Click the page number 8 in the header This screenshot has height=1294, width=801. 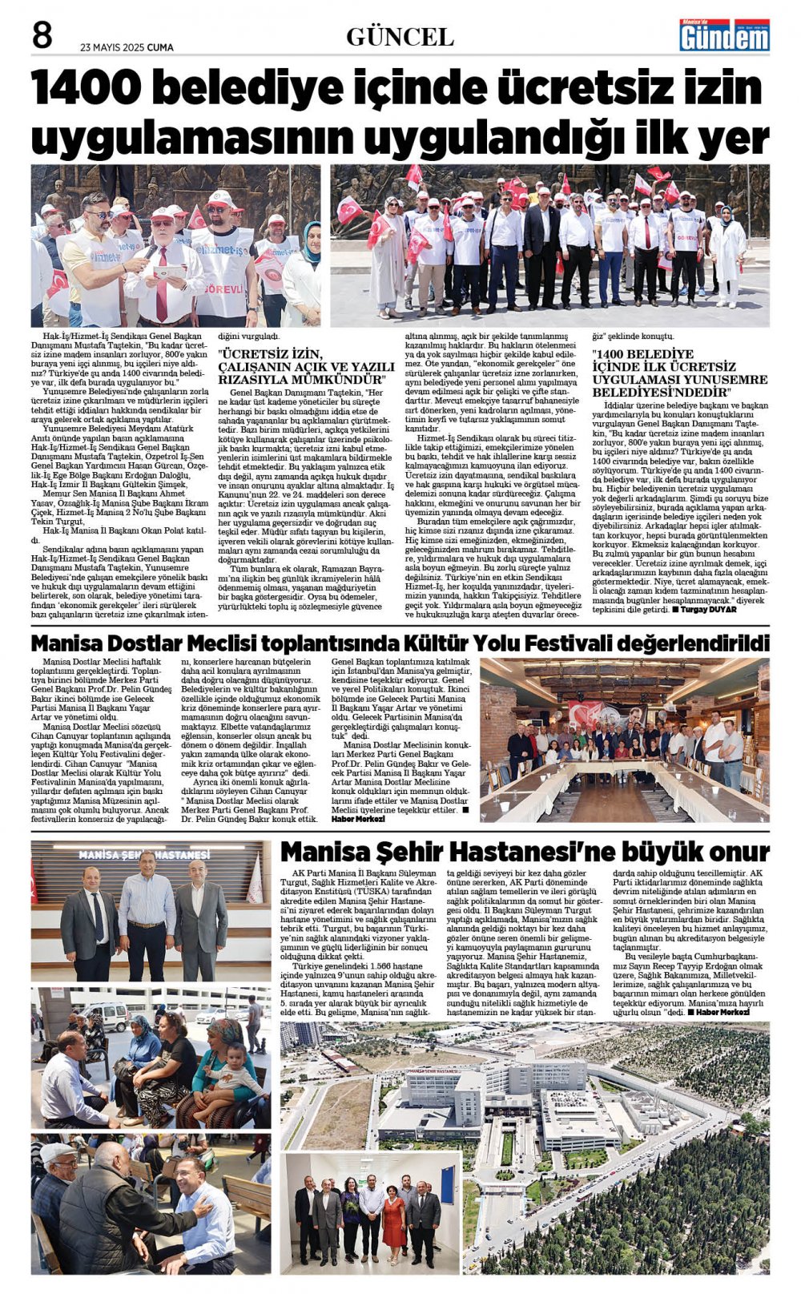pos(42,35)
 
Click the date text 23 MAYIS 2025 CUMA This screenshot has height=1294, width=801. pos(127,47)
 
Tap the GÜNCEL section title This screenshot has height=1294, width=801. pos(400,37)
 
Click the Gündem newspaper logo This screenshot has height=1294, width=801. pos(724,35)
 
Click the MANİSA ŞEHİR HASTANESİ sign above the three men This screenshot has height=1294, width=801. pos(144,855)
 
